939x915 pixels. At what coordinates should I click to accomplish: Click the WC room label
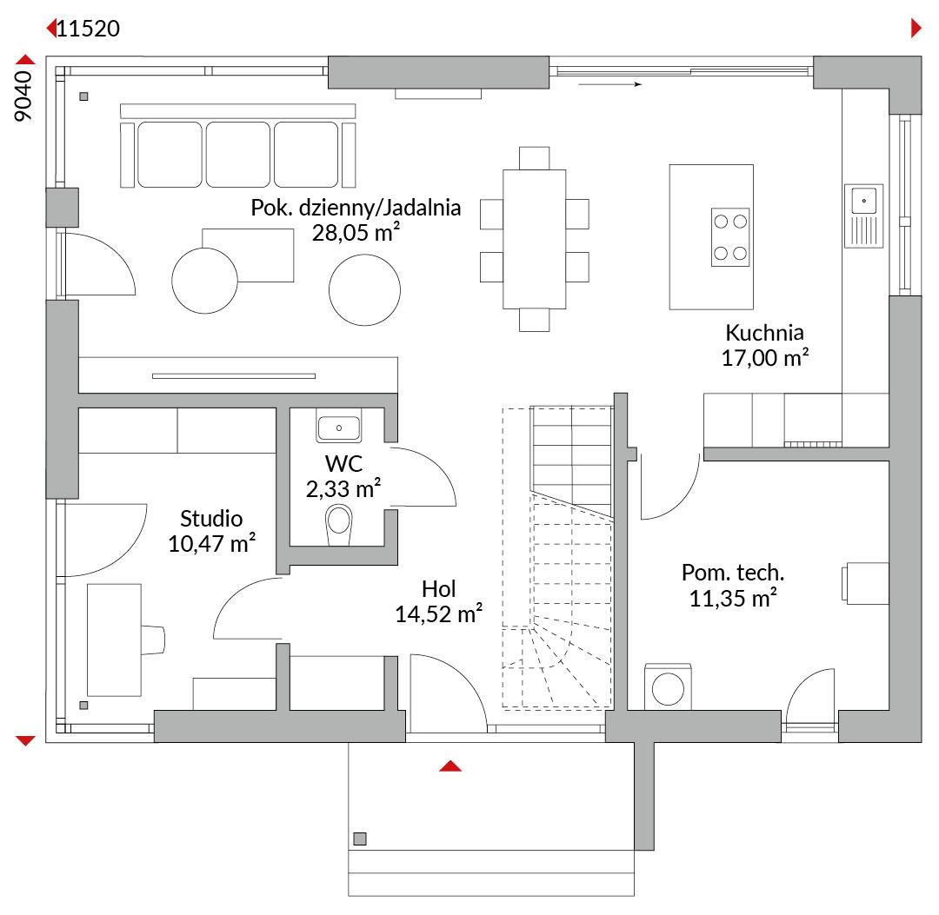tap(343, 464)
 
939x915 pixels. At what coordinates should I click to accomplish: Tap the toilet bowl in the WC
tap(339, 525)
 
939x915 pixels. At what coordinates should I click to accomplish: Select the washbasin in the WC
tap(339, 428)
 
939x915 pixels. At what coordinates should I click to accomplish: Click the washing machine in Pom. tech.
tap(668, 687)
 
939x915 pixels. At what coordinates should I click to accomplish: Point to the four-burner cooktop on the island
tap(730, 237)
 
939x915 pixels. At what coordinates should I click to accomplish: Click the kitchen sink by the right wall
tap(863, 216)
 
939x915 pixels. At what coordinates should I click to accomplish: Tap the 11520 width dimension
tap(88, 29)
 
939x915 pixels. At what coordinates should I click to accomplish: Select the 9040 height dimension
tap(23, 96)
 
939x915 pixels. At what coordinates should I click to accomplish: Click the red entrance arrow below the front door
tap(450, 766)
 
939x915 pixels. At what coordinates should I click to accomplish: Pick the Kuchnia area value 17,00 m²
tap(765, 358)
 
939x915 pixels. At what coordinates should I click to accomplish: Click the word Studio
tap(211, 518)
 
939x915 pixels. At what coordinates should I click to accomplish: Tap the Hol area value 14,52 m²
tap(438, 614)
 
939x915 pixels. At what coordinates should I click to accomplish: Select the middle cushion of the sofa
tap(237, 155)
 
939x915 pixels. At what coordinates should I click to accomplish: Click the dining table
tap(534, 239)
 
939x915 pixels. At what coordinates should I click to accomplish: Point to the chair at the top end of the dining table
tap(534, 159)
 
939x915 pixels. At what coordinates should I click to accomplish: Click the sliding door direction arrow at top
tap(610, 84)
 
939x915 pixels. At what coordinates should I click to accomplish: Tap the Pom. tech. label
tap(733, 573)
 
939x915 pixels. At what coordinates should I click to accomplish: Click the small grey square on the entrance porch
tap(360, 839)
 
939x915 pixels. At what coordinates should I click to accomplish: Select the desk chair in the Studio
tap(153, 640)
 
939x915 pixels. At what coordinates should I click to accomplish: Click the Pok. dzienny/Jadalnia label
tap(356, 208)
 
